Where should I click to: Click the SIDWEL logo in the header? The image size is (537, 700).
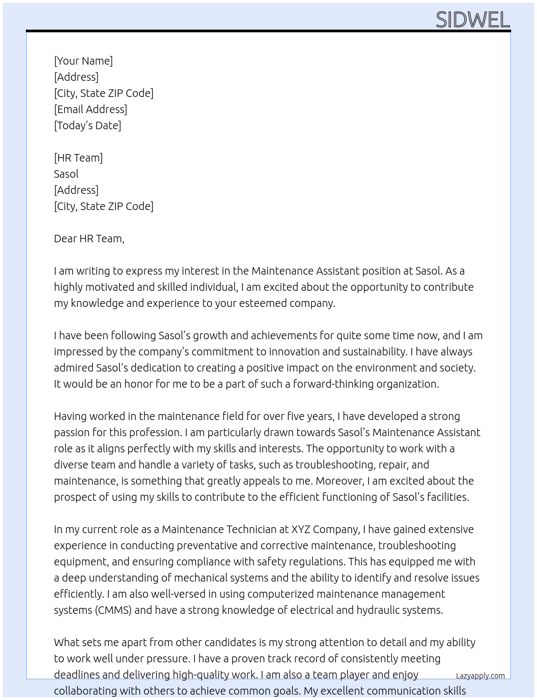tap(472, 20)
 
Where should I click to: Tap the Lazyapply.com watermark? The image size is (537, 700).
tap(480, 676)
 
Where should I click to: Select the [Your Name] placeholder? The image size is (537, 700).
tap(84, 61)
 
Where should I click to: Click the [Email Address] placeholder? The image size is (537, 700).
tap(91, 109)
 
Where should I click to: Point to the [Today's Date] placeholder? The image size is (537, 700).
tap(87, 125)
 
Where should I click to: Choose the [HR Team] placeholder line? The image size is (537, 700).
tap(78, 158)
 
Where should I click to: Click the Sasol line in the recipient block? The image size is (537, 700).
tap(66, 174)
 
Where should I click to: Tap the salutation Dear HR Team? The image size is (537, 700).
tap(89, 239)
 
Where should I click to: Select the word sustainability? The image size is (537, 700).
tap(439, 352)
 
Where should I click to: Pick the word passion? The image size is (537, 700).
tap(72, 432)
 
